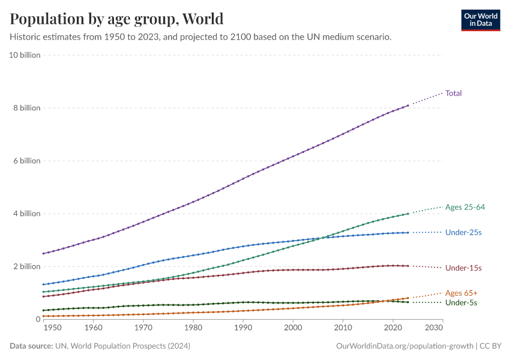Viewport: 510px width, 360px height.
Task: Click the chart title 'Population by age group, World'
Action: pos(116,19)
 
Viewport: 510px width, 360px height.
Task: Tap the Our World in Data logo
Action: pos(480,20)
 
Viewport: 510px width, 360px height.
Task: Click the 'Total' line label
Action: pos(454,93)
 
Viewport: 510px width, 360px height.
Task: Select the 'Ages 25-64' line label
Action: pos(465,207)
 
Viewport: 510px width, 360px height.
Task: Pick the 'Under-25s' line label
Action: pos(463,232)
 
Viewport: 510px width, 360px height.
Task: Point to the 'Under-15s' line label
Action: pos(463,268)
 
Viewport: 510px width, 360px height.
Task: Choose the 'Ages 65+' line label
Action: pos(461,293)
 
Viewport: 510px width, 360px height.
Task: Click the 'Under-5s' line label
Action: pos(461,303)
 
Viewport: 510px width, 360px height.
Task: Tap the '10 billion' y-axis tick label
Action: pos(25,55)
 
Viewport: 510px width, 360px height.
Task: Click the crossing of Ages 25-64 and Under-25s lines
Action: pos(323,238)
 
